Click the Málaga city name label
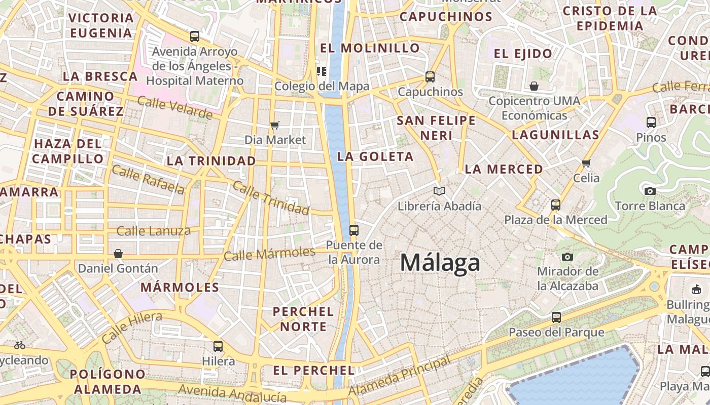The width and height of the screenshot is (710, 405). coord(440,263)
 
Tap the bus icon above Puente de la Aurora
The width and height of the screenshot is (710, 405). coord(354,230)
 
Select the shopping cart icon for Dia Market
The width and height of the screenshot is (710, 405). coord(275,125)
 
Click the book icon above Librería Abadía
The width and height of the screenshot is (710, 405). coord(439,191)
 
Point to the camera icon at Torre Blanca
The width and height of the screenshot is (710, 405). coord(650,191)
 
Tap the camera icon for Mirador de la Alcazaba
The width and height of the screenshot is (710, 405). coord(567,257)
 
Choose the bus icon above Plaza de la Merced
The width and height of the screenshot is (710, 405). coord(556,205)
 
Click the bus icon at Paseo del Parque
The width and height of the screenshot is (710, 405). coord(556,317)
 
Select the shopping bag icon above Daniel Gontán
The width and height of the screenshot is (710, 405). coord(118,253)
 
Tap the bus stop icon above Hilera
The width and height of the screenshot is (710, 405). coord(218,346)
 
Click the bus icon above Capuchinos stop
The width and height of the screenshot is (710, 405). coord(430,77)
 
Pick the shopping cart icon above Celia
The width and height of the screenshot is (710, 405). coord(586,163)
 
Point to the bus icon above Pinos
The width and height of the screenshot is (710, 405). coord(651,122)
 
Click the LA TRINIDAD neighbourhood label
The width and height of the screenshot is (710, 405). coord(211,161)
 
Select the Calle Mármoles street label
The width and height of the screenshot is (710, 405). coord(269,254)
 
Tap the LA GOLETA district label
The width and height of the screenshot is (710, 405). coord(375,156)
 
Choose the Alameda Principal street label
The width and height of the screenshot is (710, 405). coord(400,377)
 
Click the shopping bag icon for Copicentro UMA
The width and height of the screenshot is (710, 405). coord(534,86)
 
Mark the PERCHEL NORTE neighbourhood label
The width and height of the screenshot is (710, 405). coord(303,319)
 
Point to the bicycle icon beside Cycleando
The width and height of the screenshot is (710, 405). coord(20,345)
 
